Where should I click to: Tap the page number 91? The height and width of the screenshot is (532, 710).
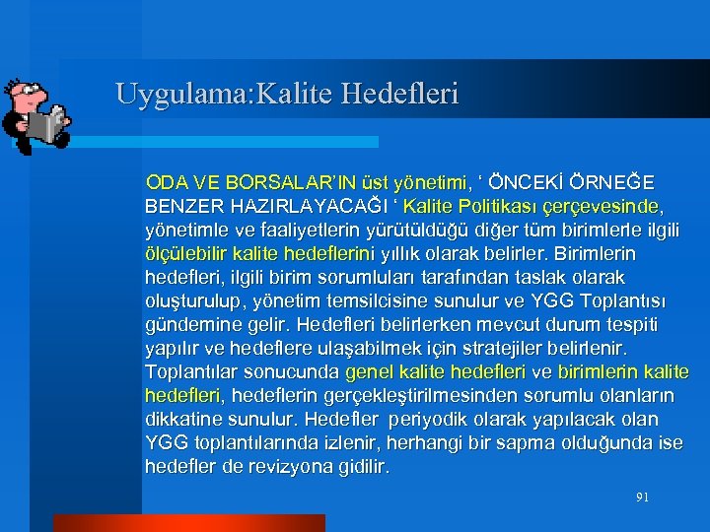pos(642,498)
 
